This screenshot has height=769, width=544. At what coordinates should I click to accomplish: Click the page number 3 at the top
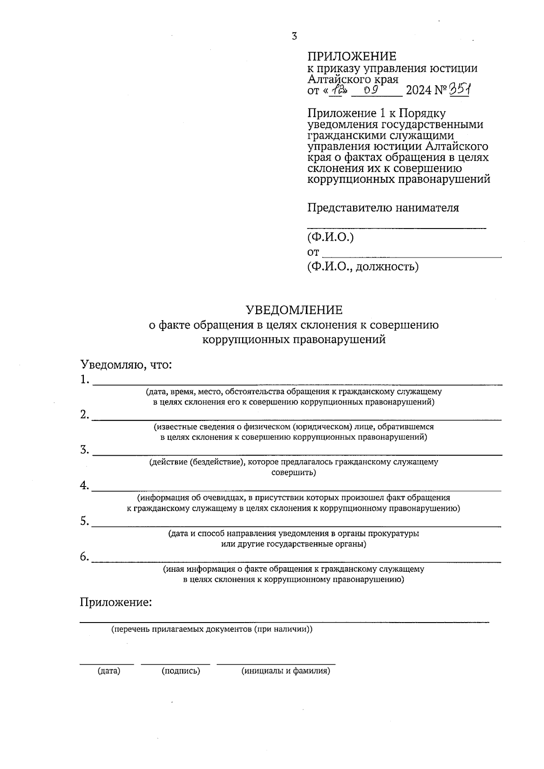click(x=294, y=36)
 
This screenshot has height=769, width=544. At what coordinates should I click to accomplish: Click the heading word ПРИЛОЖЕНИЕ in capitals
click(x=352, y=56)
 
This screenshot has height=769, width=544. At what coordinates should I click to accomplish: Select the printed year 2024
click(x=419, y=90)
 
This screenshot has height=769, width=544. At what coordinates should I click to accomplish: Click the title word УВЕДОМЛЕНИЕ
click(x=294, y=310)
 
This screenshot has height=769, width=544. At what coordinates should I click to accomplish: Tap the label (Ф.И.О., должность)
click(x=363, y=267)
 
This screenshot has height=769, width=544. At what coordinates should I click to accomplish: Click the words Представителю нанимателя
click(x=383, y=208)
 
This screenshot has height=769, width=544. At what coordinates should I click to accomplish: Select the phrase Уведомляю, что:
click(x=126, y=365)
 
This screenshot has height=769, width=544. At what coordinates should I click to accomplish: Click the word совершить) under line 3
click(x=293, y=473)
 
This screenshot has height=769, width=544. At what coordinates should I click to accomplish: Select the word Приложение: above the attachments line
click(x=116, y=603)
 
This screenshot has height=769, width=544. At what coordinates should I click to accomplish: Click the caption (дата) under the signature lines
click(x=109, y=671)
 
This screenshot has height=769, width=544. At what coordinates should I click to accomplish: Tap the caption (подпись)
click(x=180, y=671)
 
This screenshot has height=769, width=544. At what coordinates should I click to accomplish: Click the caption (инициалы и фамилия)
click(x=286, y=671)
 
